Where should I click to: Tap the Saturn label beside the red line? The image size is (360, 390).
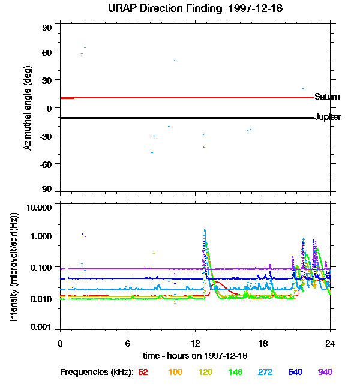pyautogui.click(x=327, y=97)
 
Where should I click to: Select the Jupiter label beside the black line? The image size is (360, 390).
pyautogui.click(x=328, y=117)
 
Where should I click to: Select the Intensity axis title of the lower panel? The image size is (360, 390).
pyautogui.click(x=13, y=268)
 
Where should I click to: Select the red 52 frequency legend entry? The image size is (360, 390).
pyautogui.click(x=143, y=372)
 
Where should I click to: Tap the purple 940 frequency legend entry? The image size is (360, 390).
pyautogui.click(x=325, y=372)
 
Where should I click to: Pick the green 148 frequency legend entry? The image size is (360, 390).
pyautogui.click(x=235, y=372)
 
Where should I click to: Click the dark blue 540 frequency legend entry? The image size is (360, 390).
pyautogui.click(x=295, y=372)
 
